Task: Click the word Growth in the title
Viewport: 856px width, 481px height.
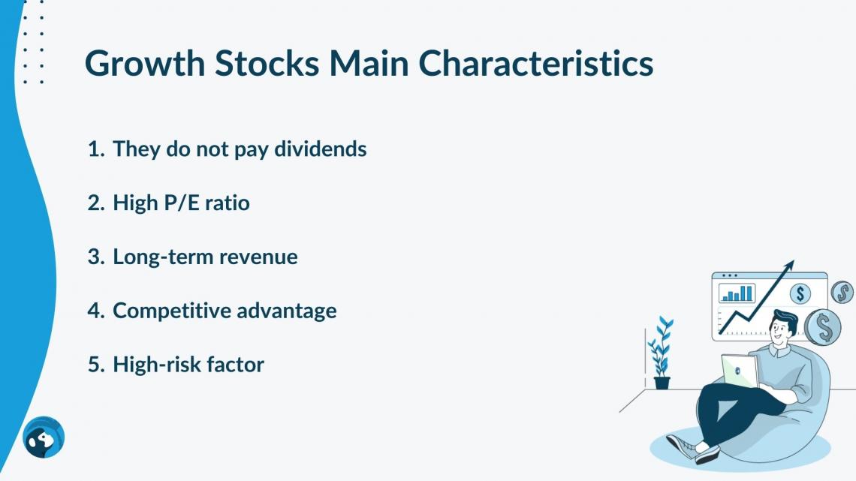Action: click(145, 64)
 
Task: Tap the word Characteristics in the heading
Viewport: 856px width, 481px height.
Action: click(535, 63)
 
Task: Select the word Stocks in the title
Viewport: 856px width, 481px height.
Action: click(267, 63)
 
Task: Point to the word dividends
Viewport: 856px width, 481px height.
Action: click(320, 149)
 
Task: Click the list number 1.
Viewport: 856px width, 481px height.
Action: click(95, 149)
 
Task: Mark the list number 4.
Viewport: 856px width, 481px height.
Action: click(95, 311)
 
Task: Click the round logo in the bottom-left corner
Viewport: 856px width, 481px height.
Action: click(44, 437)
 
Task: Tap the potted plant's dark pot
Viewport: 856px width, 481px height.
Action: click(662, 383)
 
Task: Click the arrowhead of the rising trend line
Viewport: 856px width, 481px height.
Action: click(788, 266)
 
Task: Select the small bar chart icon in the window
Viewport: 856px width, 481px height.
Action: click(737, 293)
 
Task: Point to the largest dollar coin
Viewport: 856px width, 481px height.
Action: click(823, 326)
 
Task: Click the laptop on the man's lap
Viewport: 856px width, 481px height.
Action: click(740, 371)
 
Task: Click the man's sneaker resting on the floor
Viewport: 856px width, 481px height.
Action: click(680, 446)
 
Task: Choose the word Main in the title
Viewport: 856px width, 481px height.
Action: click(369, 63)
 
